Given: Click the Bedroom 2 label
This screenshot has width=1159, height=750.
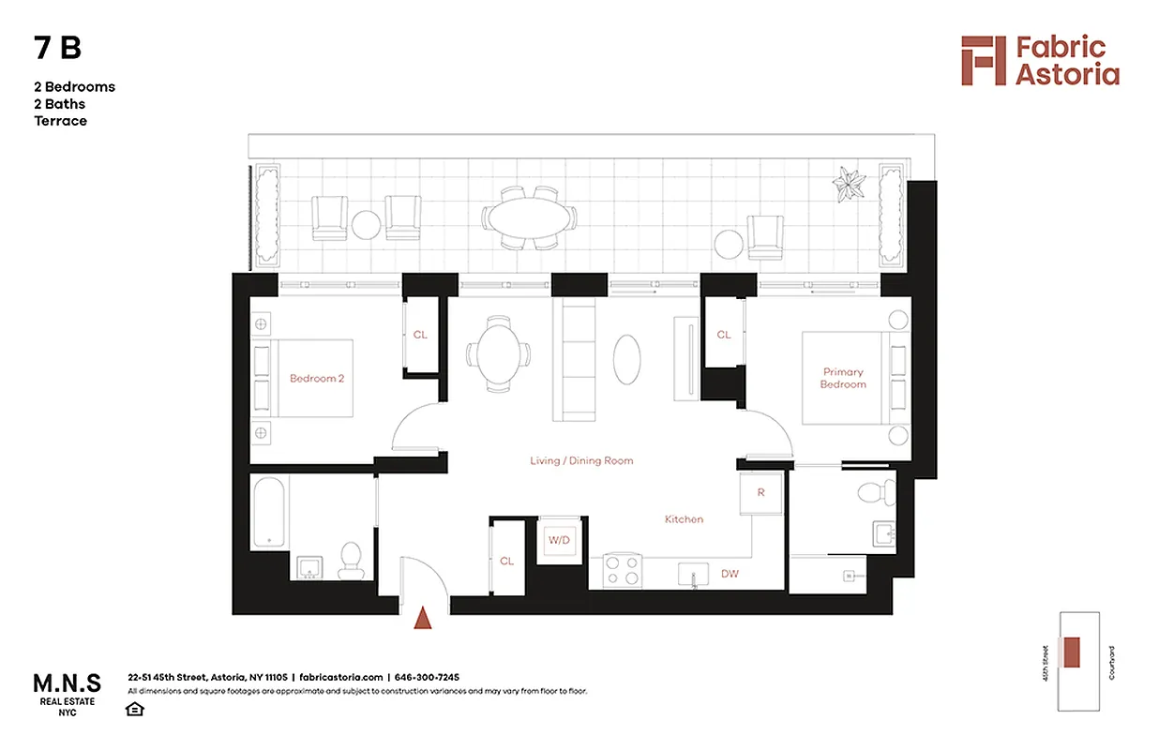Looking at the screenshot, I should [317, 379].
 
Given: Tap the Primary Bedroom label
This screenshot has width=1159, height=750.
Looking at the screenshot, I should [843, 378].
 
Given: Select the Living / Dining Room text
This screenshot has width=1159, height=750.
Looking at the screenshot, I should [581, 460].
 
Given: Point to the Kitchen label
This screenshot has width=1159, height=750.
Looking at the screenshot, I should [684, 519].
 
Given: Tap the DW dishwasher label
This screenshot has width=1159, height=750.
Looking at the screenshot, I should [730, 573].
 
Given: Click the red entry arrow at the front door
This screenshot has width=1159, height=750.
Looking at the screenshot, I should [423, 617].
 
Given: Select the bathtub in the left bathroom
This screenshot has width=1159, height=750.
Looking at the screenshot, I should [270, 513].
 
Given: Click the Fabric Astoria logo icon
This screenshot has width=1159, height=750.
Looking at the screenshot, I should [983, 61].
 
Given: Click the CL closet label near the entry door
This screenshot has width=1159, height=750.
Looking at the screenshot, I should [506, 562].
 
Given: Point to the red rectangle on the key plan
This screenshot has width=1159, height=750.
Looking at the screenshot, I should [1072, 651].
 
